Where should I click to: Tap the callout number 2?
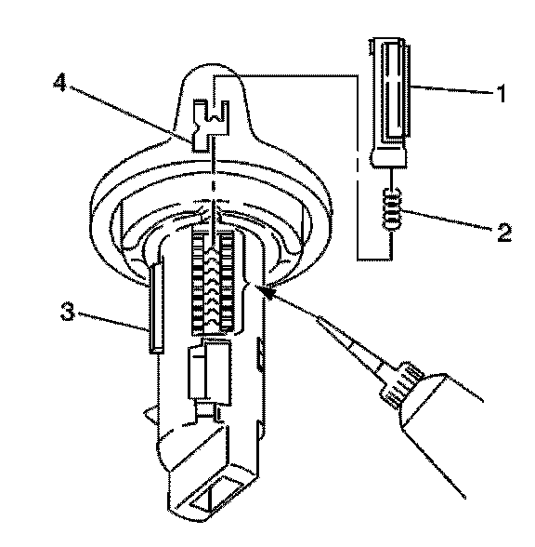[504, 233]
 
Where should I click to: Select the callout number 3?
[68, 312]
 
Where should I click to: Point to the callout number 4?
[59, 84]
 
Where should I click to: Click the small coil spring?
[392, 209]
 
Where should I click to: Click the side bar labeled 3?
[156, 308]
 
